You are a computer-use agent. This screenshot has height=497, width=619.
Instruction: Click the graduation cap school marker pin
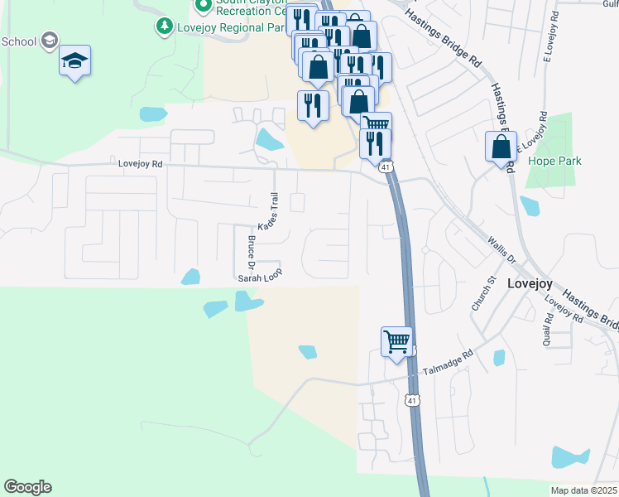click(x=75, y=60)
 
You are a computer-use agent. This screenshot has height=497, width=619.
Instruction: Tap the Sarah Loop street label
click(x=260, y=279)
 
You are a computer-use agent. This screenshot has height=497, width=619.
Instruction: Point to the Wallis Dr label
click(x=501, y=248)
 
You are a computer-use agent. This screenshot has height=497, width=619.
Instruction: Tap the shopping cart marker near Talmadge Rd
click(x=397, y=341)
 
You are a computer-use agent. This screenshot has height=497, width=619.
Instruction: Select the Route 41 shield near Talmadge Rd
click(x=411, y=401)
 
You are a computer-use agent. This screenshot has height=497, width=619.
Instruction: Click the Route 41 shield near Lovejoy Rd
click(x=386, y=167)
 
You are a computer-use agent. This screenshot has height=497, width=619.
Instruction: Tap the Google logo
click(x=27, y=486)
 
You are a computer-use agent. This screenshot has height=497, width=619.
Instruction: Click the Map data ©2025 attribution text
click(x=584, y=490)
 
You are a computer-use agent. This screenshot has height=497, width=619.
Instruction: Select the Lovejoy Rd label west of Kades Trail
click(x=141, y=164)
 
